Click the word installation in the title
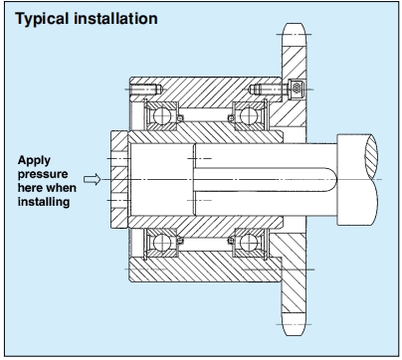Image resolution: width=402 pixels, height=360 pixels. [x=115, y=18]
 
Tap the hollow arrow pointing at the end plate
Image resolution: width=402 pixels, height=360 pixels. [x=92, y=179]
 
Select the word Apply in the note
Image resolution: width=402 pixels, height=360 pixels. [x=34, y=161]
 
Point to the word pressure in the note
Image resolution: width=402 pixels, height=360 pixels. [x=43, y=174]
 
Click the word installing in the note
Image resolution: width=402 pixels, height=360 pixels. [x=44, y=202]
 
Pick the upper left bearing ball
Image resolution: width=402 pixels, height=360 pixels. [x=162, y=116]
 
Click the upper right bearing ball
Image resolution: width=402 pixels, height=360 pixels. [x=249, y=116]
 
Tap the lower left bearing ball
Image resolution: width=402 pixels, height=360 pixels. [x=162, y=243]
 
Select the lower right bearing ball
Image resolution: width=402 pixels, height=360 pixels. [x=249, y=243]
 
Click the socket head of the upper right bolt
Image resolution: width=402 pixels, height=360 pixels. [x=297, y=89]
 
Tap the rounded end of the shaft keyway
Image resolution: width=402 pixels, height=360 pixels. [x=332, y=180]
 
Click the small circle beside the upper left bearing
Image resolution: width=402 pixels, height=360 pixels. [x=180, y=118]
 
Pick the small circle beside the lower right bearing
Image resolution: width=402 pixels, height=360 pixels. [x=231, y=240]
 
